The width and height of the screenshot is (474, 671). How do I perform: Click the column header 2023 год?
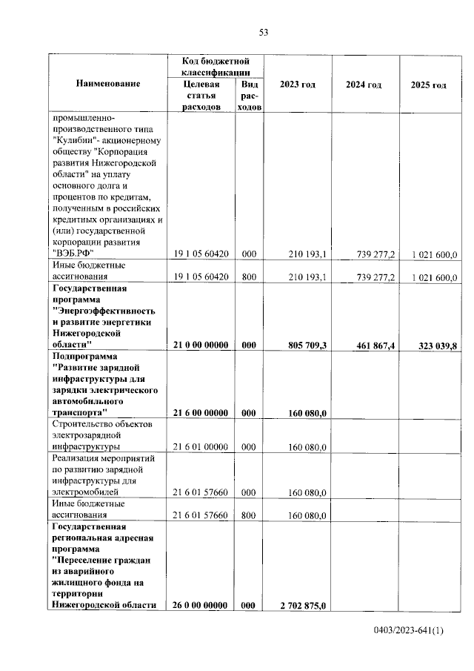click(x=298, y=85)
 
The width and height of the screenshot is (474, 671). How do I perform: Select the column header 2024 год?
click(x=364, y=85)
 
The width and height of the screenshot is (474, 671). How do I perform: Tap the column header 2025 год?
click(x=428, y=85)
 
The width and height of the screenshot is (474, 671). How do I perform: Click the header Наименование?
click(x=108, y=85)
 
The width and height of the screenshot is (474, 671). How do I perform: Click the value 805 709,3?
click(x=307, y=345)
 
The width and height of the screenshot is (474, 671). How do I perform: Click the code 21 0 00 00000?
click(x=201, y=345)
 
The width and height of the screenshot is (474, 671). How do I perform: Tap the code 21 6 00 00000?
click(x=201, y=413)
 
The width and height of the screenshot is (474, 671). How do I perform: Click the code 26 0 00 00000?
click(x=201, y=605)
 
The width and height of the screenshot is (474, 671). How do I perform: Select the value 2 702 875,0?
click(x=304, y=606)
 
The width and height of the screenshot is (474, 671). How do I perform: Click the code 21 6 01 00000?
click(x=200, y=447)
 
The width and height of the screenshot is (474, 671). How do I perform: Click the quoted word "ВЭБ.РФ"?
click(x=76, y=254)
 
